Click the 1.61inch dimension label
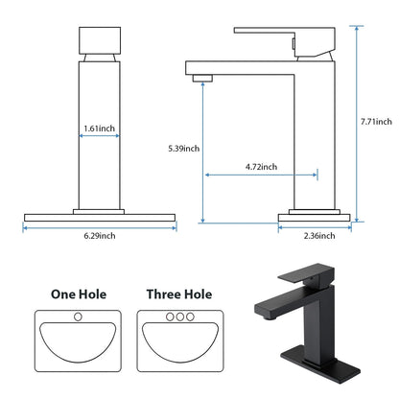point(100,127)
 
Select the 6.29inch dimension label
point(100,236)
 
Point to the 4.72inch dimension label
point(261,167)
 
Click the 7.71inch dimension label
point(376,122)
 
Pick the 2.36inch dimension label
point(319,235)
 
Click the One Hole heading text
point(79,294)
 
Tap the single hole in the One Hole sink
point(79,317)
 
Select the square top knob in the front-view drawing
point(100,41)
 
